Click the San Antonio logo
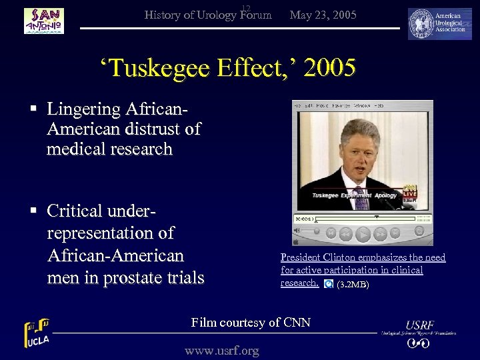[x=44, y=21]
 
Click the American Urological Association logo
[x=440, y=24]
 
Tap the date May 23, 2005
[x=323, y=15]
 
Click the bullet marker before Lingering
[x=33, y=108]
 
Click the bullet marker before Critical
[x=33, y=211]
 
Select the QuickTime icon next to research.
[x=328, y=284]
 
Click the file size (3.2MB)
[x=353, y=285]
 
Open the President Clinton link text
[x=363, y=257]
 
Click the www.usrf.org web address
[x=222, y=350]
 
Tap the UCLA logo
[x=37, y=333]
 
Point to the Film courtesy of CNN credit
[x=251, y=323]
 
